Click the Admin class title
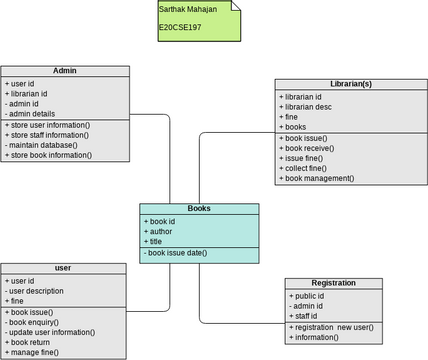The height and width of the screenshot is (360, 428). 65,71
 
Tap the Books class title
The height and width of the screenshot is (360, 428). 199,208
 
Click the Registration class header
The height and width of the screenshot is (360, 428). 334,283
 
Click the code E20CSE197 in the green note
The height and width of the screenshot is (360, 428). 181,28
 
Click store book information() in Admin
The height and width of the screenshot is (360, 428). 49,155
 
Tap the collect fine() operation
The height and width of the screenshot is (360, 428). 306,167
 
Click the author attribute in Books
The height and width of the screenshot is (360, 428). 160,230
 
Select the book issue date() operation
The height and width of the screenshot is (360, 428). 176,253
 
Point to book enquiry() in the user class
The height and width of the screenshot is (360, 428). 36,322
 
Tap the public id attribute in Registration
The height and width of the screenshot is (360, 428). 309,296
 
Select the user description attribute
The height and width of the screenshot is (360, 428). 40,291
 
